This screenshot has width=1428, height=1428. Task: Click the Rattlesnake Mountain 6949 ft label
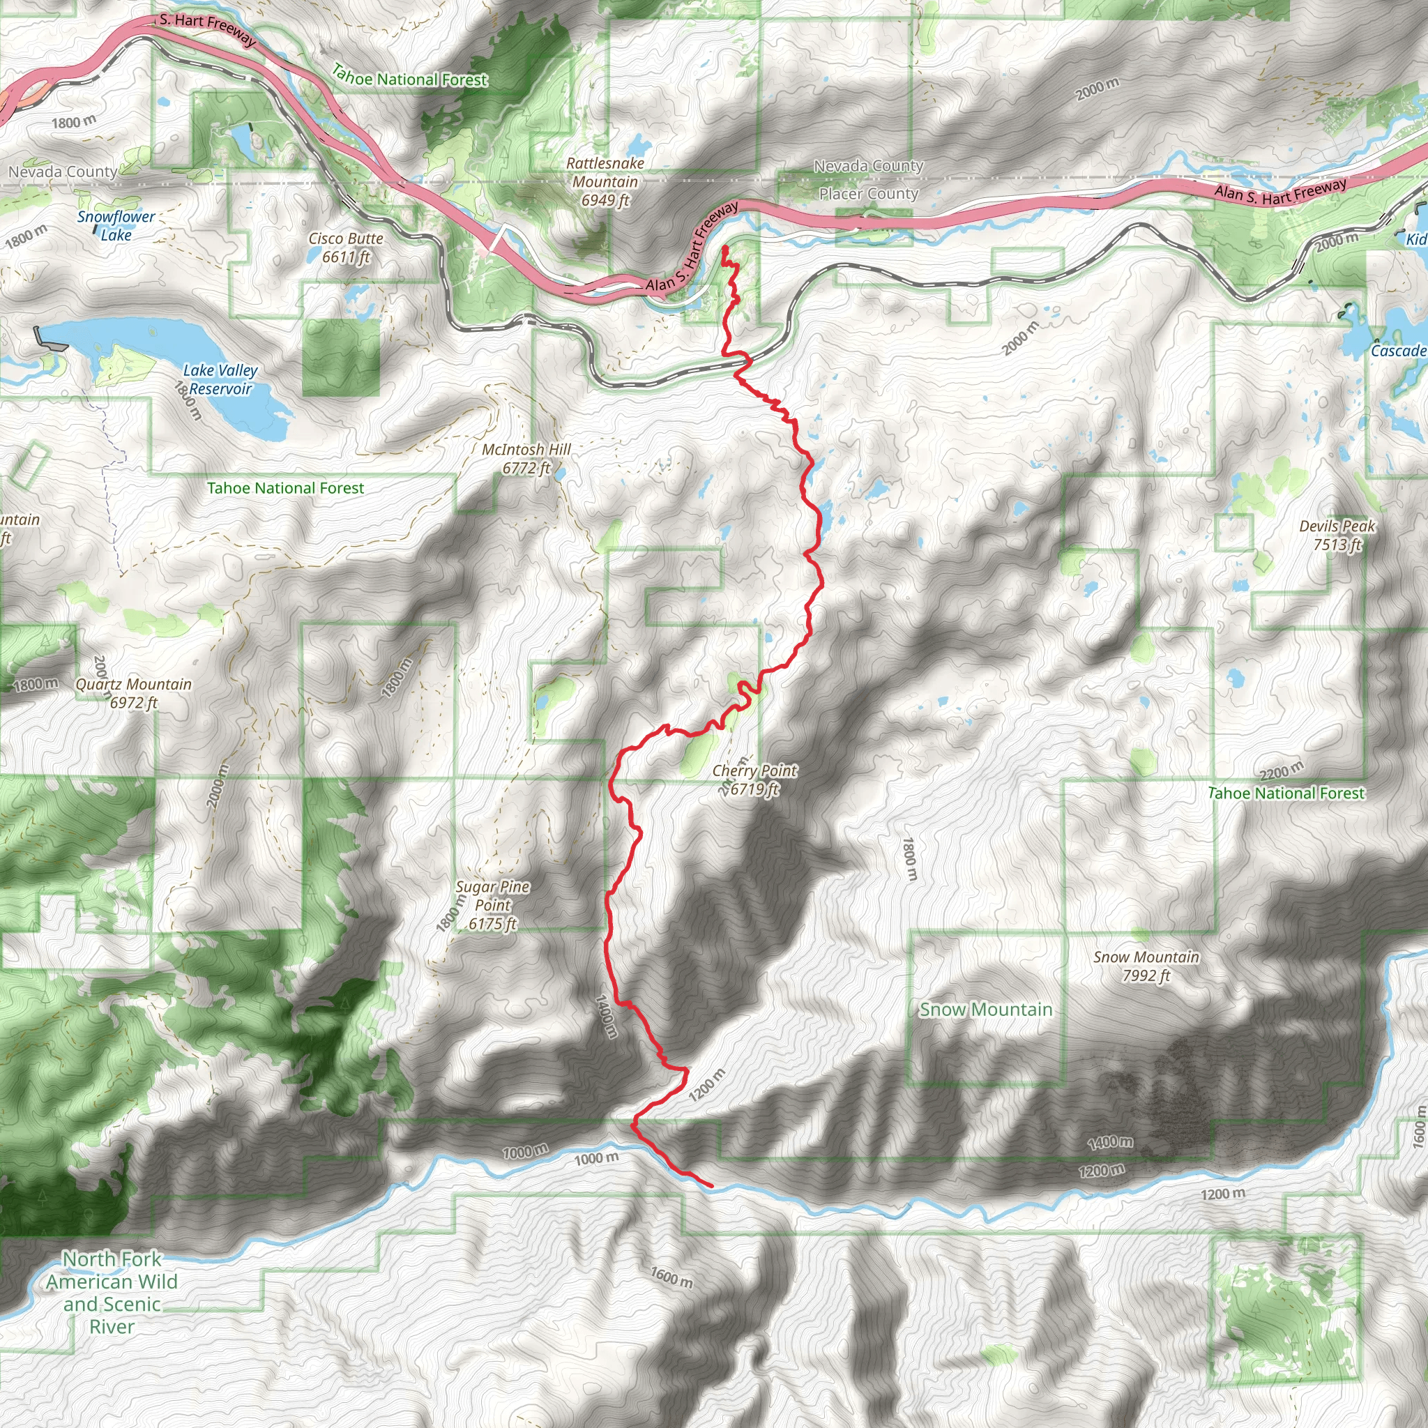(605, 182)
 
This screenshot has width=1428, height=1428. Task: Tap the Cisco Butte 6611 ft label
(346, 248)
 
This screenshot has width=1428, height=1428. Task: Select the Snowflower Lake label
(116, 225)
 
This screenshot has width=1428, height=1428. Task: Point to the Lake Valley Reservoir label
(220, 379)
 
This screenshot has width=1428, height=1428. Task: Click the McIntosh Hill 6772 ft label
(526, 458)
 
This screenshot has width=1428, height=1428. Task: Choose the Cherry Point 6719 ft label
(754, 780)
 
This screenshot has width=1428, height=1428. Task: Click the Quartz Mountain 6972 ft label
(134, 693)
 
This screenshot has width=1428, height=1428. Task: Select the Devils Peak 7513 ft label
(1337, 535)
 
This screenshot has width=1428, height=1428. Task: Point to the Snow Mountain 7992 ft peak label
(1146, 966)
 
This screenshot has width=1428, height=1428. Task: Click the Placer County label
(869, 194)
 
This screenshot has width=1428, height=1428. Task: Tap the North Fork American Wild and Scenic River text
(112, 1292)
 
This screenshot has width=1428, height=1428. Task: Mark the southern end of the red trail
(711, 1186)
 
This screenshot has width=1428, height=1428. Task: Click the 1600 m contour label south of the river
(671, 1277)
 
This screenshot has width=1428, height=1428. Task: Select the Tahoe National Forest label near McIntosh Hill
(285, 488)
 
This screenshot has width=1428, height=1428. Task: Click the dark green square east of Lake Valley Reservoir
(341, 358)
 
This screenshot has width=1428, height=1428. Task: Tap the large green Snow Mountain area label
(985, 1010)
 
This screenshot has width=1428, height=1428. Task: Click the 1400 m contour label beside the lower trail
(605, 1017)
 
